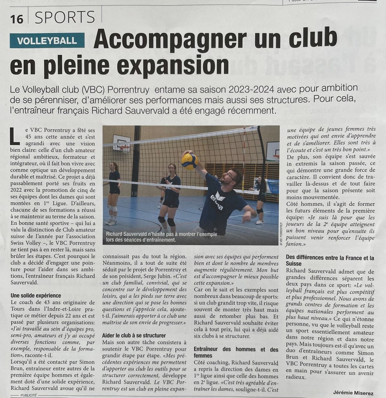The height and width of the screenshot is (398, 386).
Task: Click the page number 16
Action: (17, 18)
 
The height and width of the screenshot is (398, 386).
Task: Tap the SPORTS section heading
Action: (64, 18)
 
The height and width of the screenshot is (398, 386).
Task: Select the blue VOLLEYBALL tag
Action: (47, 40)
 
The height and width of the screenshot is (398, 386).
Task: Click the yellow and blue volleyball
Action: (190, 161)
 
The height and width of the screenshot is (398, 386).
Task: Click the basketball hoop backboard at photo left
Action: (121, 143)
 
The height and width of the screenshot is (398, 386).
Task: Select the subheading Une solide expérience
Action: (36, 296)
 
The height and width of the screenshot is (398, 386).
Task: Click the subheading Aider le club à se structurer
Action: (134, 335)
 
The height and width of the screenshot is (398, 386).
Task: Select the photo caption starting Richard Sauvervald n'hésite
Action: (161, 237)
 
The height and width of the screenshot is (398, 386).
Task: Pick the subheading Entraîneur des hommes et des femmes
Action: (236, 352)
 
